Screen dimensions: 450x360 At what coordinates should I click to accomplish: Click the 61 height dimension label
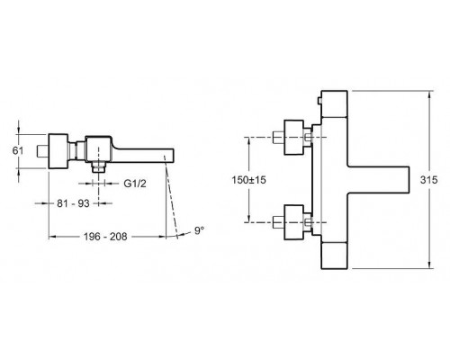coord(18,150)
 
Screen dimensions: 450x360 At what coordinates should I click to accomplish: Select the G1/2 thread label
coord(135,184)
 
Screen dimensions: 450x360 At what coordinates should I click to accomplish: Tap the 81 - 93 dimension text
coord(73,203)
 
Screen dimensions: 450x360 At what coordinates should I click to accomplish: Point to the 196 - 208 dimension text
coord(105,237)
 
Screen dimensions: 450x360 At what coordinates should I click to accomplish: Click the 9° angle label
coord(199,230)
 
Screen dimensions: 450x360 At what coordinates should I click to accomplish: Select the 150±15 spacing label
coord(248,180)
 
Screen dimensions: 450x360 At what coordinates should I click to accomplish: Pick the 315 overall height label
coord(428,180)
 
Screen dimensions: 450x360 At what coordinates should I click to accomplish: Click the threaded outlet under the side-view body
coord(99,167)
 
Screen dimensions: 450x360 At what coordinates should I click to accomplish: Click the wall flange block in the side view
coord(58,151)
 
